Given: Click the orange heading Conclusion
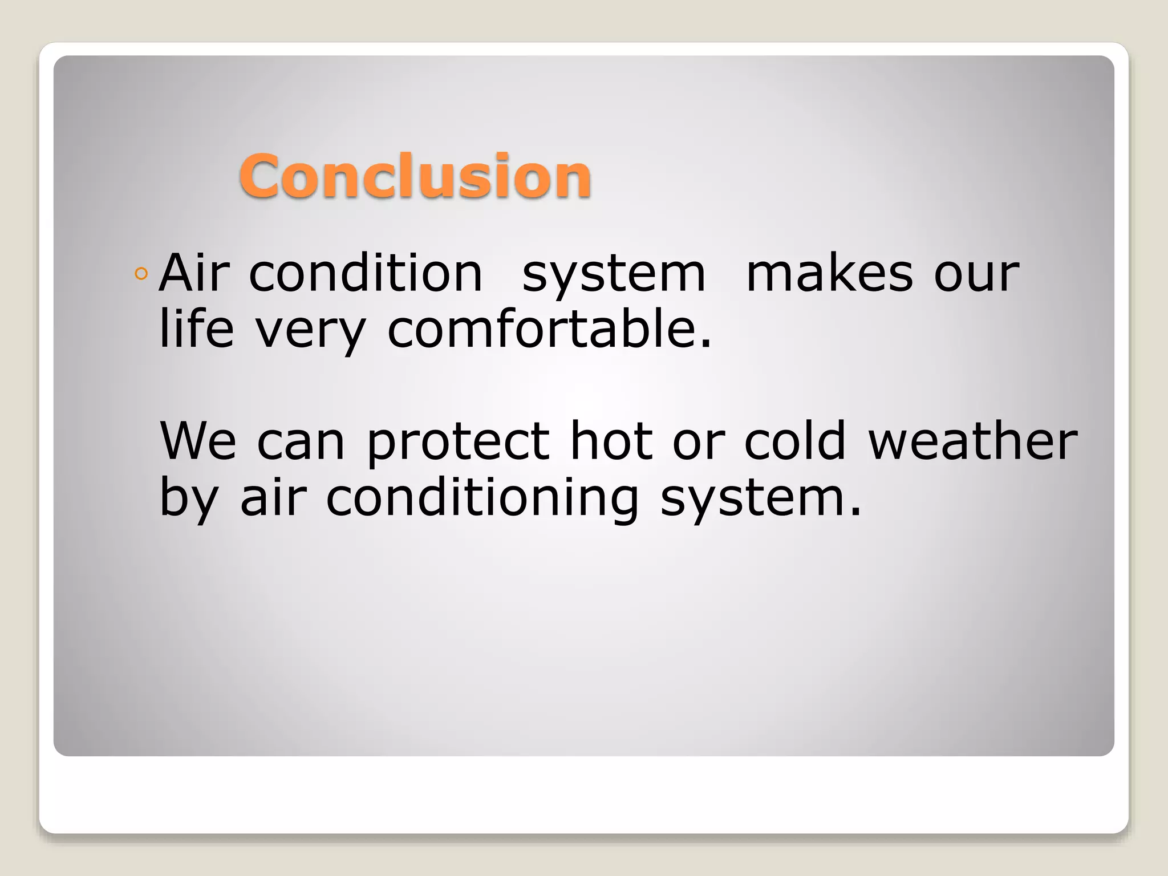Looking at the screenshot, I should pos(415,176).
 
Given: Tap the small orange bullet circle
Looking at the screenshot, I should pos(141,274).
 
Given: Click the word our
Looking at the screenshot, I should pos(976,275).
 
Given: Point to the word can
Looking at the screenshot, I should pos(301,443).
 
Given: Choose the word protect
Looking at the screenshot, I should pos(458,443).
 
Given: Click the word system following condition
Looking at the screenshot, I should pos(614,275).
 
